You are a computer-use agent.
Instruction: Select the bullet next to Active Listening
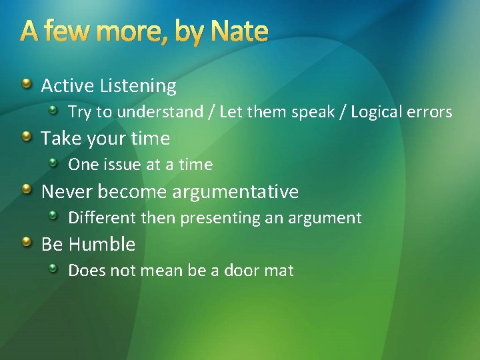click(25, 84)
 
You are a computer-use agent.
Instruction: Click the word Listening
click(138, 86)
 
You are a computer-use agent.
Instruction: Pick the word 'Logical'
click(379, 112)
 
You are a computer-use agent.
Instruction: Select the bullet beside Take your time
click(25, 137)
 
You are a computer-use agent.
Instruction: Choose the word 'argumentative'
click(235, 192)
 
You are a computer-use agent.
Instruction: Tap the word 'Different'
click(97, 218)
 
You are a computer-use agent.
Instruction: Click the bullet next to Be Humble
click(25, 243)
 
